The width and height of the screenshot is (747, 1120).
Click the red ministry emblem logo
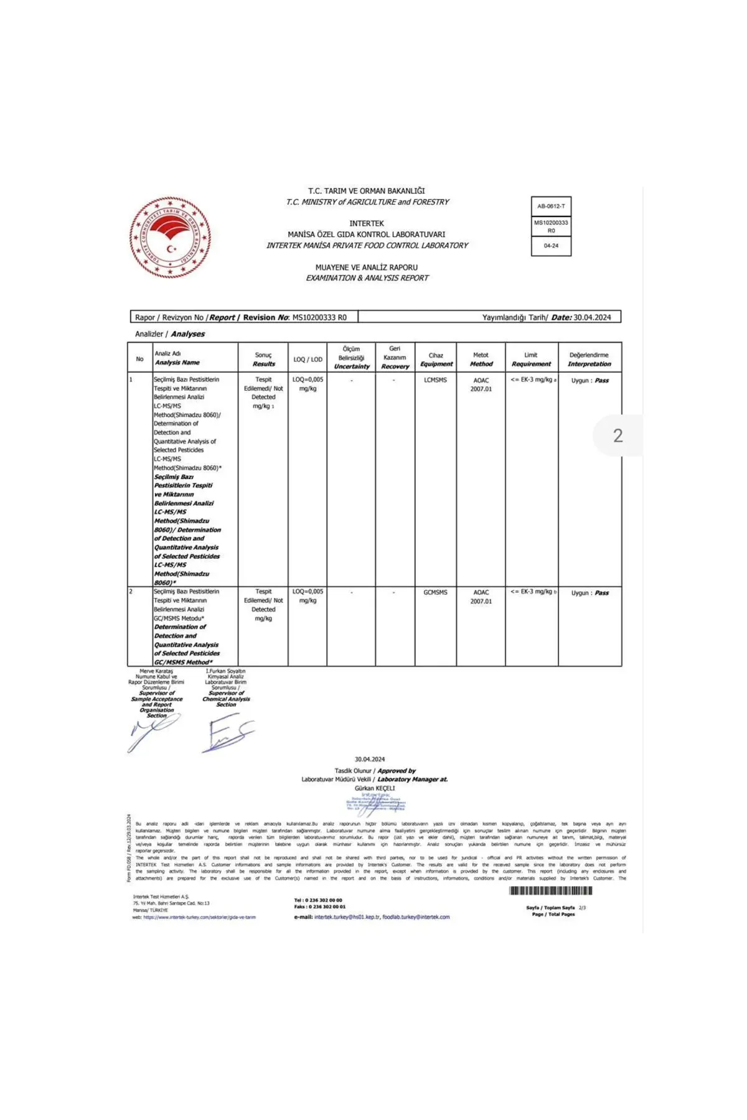click(x=170, y=238)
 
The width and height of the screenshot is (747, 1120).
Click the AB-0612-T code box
click(x=551, y=206)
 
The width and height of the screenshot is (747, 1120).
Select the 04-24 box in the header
click(x=551, y=246)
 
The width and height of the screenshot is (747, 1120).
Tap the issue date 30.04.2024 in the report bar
click(x=592, y=317)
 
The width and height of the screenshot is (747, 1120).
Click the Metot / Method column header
click(x=481, y=359)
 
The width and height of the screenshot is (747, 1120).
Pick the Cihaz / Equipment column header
click(x=436, y=359)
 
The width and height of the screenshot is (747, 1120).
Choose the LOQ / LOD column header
click(x=308, y=359)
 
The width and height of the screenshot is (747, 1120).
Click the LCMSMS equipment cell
click(x=435, y=380)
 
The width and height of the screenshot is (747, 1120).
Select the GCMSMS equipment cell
click(x=435, y=592)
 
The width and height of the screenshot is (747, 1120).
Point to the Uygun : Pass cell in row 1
click(x=590, y=380)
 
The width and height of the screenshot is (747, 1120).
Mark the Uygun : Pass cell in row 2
click(x=590, y=593)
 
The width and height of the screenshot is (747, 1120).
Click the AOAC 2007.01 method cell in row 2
click(x=481, y=597)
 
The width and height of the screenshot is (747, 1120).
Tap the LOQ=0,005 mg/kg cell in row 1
click(x=308, y=383)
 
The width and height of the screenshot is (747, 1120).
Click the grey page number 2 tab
click(x=618, y=435)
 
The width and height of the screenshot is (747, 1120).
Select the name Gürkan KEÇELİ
click(x=375, y=788)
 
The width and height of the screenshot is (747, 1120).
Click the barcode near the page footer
click(x=550, y=891)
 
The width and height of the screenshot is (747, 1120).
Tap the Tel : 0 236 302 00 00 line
click(x=318, y=900)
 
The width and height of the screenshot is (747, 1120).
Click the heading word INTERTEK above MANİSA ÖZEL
click(x=366, y=223)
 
